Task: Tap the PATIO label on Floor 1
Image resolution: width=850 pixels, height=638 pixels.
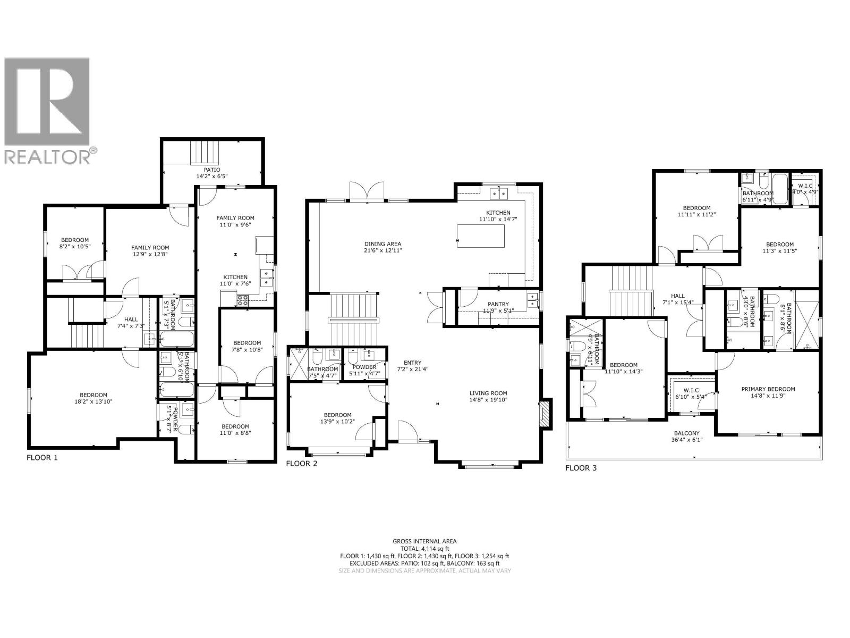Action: [208, 170]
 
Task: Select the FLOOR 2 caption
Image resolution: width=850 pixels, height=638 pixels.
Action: [301, 464]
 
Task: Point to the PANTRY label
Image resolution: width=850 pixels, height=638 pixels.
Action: [498, 304]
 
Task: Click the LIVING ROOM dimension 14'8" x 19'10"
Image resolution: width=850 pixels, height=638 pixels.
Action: [488, 400]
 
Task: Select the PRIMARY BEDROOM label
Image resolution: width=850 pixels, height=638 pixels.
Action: [768, 389]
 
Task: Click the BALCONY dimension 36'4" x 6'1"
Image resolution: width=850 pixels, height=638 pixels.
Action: [691, 440]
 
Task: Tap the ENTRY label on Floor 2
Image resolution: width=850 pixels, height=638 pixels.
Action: [412, 363]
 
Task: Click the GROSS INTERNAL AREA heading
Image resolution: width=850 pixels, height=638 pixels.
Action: [424, 541]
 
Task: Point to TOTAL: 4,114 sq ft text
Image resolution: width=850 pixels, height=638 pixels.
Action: [424, 549]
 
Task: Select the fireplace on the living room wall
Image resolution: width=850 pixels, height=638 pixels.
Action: [545, 413]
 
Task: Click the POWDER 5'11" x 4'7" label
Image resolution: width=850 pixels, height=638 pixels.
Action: [364, 371]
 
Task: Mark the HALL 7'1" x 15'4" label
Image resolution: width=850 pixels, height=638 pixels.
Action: [678, 299]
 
